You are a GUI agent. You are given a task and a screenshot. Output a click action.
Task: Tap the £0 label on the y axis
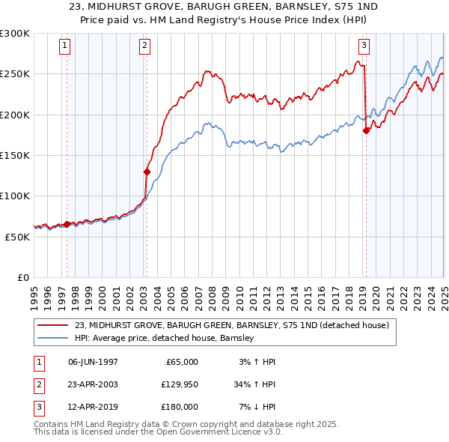pyautogui.click(x=22, y=277)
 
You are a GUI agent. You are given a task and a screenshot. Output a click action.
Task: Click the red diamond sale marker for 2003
pyautogui.click(x=147, y=172)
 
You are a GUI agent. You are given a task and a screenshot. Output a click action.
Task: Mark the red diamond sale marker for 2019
pyautogui.click(x=366, y=131)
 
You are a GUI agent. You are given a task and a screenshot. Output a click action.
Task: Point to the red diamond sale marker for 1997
pyautogui.click(x=67, y=224)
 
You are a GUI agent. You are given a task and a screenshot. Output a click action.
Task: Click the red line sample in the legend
pyautogui.click(x=53, y=326)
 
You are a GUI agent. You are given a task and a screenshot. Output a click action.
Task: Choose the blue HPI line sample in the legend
pyautogui.click(x=53, y=339)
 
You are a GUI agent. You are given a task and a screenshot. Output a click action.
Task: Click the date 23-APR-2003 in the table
pyautogui.click(x=93, y=384)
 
